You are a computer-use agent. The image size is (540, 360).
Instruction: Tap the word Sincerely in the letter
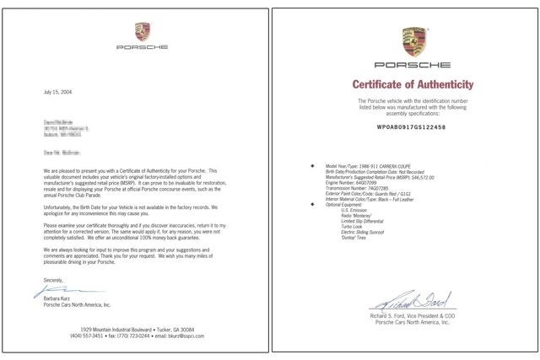tap(52, 279)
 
